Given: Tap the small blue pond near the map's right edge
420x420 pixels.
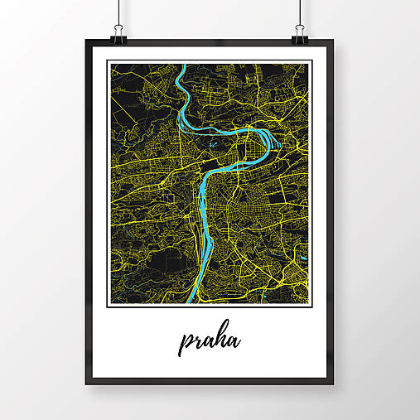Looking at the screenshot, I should [x=302, y=265].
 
